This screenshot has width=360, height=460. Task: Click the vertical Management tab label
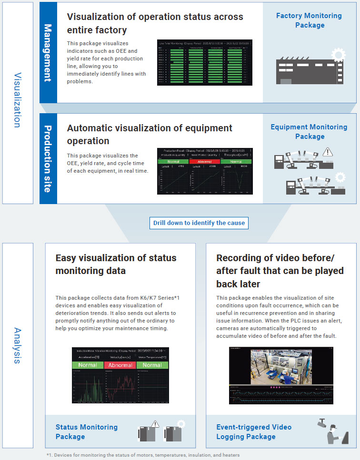click(x=48, y=53)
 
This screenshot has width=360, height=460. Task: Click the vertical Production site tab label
click(x=48, y=158)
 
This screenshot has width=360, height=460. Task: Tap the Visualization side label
click(x=17, y=100)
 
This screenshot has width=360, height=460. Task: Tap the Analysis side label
click(x=17, y=345)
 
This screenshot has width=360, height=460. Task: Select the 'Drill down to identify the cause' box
click(x=199, y=223)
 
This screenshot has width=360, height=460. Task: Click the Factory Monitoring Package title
click(x=309, y=20)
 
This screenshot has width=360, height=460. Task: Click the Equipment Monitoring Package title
click(x=309, y=132)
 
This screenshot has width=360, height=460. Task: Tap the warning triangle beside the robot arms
click(x=327, y=152)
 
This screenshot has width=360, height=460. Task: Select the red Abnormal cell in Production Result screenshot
click(x=204, y=161)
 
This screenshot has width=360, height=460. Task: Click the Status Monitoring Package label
click(x=87, y=431)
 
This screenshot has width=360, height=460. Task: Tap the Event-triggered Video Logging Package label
click(x=254, y=431)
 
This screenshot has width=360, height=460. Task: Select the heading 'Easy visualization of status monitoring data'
click(x=116, y=264)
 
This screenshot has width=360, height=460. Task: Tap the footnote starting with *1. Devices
click(x=143, y=455)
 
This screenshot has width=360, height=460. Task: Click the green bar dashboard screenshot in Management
click(x=205, y=63)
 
